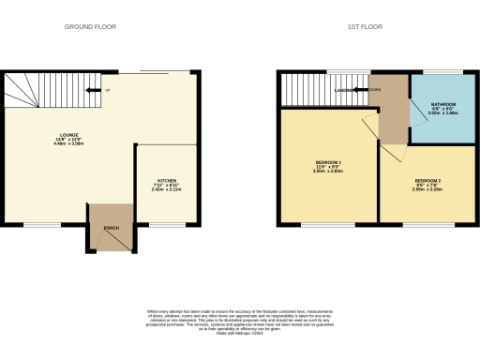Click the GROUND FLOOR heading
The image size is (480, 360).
pyautogui.click(x=90, y=27)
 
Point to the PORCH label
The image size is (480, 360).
pyautogui.click(x=111, y=227)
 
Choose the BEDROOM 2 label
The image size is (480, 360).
pyautogui.click(x=427, y=184)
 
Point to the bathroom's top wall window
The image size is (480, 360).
pyautogui.click(x=442, y=73)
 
